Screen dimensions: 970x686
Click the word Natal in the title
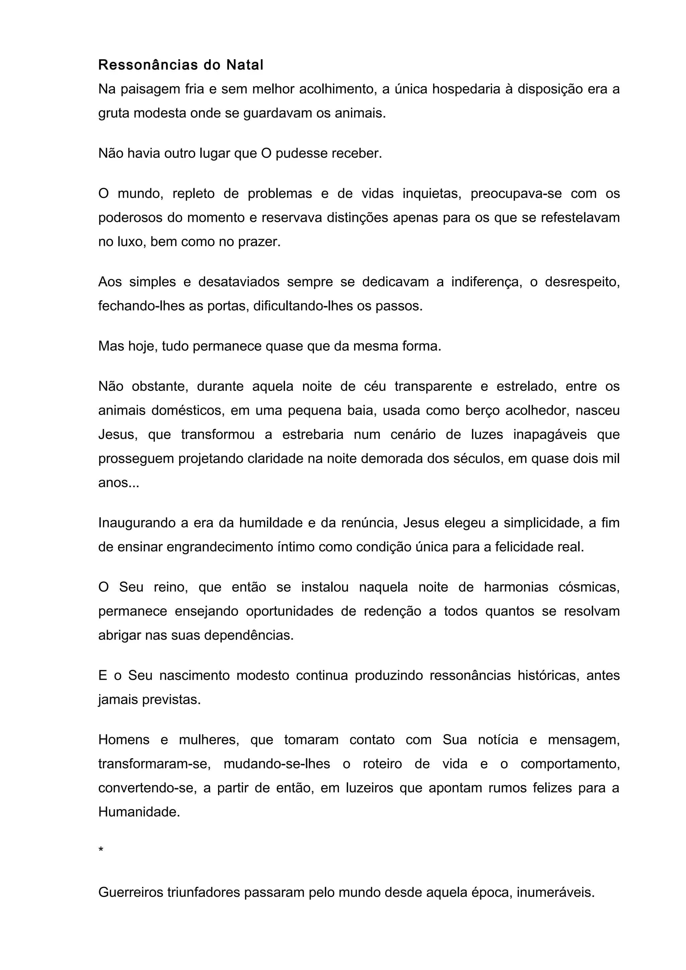[245, 65]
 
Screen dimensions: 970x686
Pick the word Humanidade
[139, 812]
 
